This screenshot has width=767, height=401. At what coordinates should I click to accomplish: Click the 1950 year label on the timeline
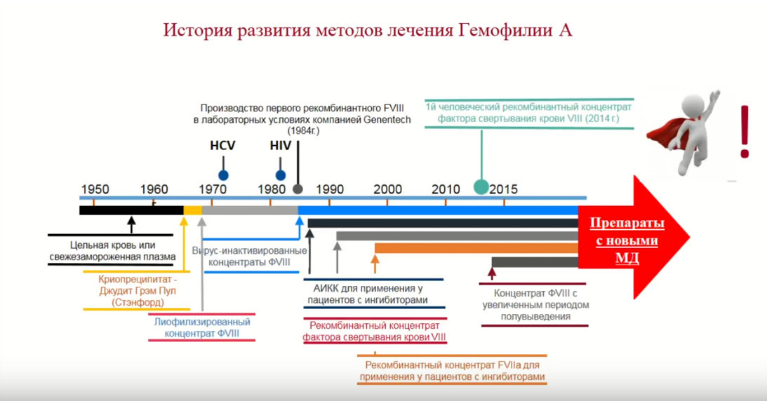tap(95, 189)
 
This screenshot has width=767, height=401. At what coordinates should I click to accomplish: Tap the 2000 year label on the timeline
tap(388, 189)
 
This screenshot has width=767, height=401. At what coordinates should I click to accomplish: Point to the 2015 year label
tap(504, 189)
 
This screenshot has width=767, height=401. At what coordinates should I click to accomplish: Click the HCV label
tap(222, 146)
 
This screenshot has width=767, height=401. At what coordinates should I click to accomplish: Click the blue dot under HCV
tap(223, 175)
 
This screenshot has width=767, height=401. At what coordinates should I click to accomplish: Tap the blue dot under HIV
tap(281, 175)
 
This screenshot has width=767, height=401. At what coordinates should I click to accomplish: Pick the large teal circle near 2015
tap(481, 186)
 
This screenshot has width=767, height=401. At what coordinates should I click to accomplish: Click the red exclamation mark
tap(744, 132)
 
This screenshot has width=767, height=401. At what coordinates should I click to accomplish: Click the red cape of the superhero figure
tap(663, 133)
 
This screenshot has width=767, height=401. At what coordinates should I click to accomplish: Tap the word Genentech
tap(385, 120)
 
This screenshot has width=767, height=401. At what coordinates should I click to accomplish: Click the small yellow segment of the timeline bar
tap(192, 210)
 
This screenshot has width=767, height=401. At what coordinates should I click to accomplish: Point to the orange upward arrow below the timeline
tap(375, 264)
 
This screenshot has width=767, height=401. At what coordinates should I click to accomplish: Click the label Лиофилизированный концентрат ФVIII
tap(202, 327)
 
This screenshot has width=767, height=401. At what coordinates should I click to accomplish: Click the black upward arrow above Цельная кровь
tap(131, 224)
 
